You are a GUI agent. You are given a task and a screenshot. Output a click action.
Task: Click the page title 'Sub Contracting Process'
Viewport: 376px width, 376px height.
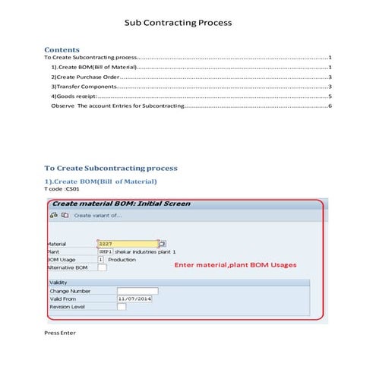[x=178, y=23]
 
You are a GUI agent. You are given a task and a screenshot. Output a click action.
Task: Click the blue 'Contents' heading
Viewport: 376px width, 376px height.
[x=62, y=49]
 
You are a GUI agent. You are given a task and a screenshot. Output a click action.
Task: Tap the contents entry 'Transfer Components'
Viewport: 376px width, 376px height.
[x=84, y=87]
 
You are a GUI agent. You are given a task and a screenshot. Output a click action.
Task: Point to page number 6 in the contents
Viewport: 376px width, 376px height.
[x=330, y=107]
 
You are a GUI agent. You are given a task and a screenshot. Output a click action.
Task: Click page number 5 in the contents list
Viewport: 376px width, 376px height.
[x=330, y=97]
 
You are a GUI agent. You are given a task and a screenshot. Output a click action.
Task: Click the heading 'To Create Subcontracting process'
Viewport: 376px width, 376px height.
[x=111, y=168]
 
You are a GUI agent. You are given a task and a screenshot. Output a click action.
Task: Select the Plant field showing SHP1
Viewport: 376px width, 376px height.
[x=105, y=251]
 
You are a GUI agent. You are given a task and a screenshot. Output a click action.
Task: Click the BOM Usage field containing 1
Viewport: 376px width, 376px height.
[x=101, y=259]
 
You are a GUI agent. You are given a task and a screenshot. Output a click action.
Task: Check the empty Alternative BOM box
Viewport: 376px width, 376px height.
[x=102, y=267]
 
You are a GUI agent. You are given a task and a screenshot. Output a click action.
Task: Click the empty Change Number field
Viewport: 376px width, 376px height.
[x=137, y=290]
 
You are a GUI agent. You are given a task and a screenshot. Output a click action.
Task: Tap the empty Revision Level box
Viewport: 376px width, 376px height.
[x=122, y=306]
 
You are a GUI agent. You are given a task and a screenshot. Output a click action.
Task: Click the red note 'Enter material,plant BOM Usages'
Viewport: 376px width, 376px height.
[x=235, y=265]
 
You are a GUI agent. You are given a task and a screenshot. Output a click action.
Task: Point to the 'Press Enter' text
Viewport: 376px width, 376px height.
[x=60, y=333]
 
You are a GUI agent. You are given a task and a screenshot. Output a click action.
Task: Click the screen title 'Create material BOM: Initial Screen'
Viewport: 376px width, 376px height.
[x=120, y=204]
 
